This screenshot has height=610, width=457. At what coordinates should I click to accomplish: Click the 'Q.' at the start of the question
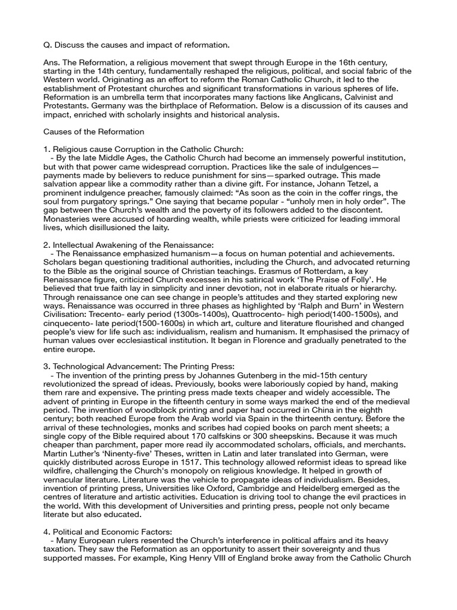pos(48,45)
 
